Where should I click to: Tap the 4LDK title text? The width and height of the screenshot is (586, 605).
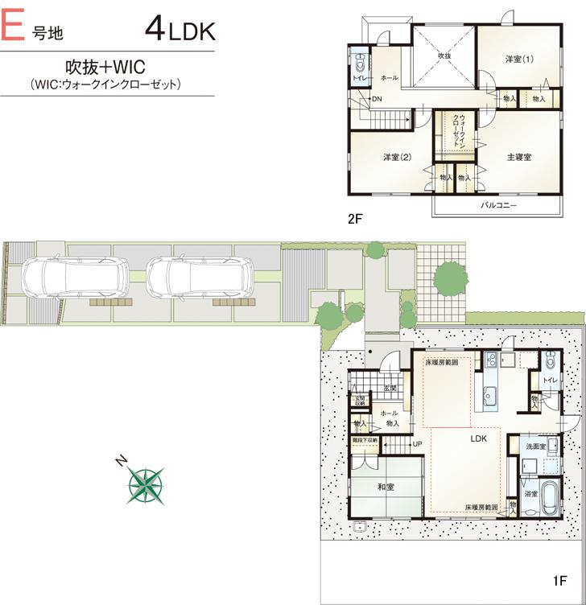coord(180,30)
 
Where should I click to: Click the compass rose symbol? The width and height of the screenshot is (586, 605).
coord(146,485)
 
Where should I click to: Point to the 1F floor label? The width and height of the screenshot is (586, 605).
coord(562,581)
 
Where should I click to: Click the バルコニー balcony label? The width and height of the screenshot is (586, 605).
coord(499,206)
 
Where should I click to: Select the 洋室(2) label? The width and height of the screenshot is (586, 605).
coord(398,157)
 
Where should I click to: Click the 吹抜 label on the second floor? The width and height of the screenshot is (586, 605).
coord(444,55)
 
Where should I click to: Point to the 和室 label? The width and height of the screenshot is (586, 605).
coord(386,487)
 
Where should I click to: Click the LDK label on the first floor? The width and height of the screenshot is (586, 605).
coord(481,439)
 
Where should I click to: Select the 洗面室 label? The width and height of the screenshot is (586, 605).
coord(535,445)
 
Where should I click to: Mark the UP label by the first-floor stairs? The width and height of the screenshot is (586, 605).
coord(417,444)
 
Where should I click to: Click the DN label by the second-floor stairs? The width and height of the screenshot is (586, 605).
coord(377,99)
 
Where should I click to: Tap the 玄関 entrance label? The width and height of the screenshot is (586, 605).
coord(390,389)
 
